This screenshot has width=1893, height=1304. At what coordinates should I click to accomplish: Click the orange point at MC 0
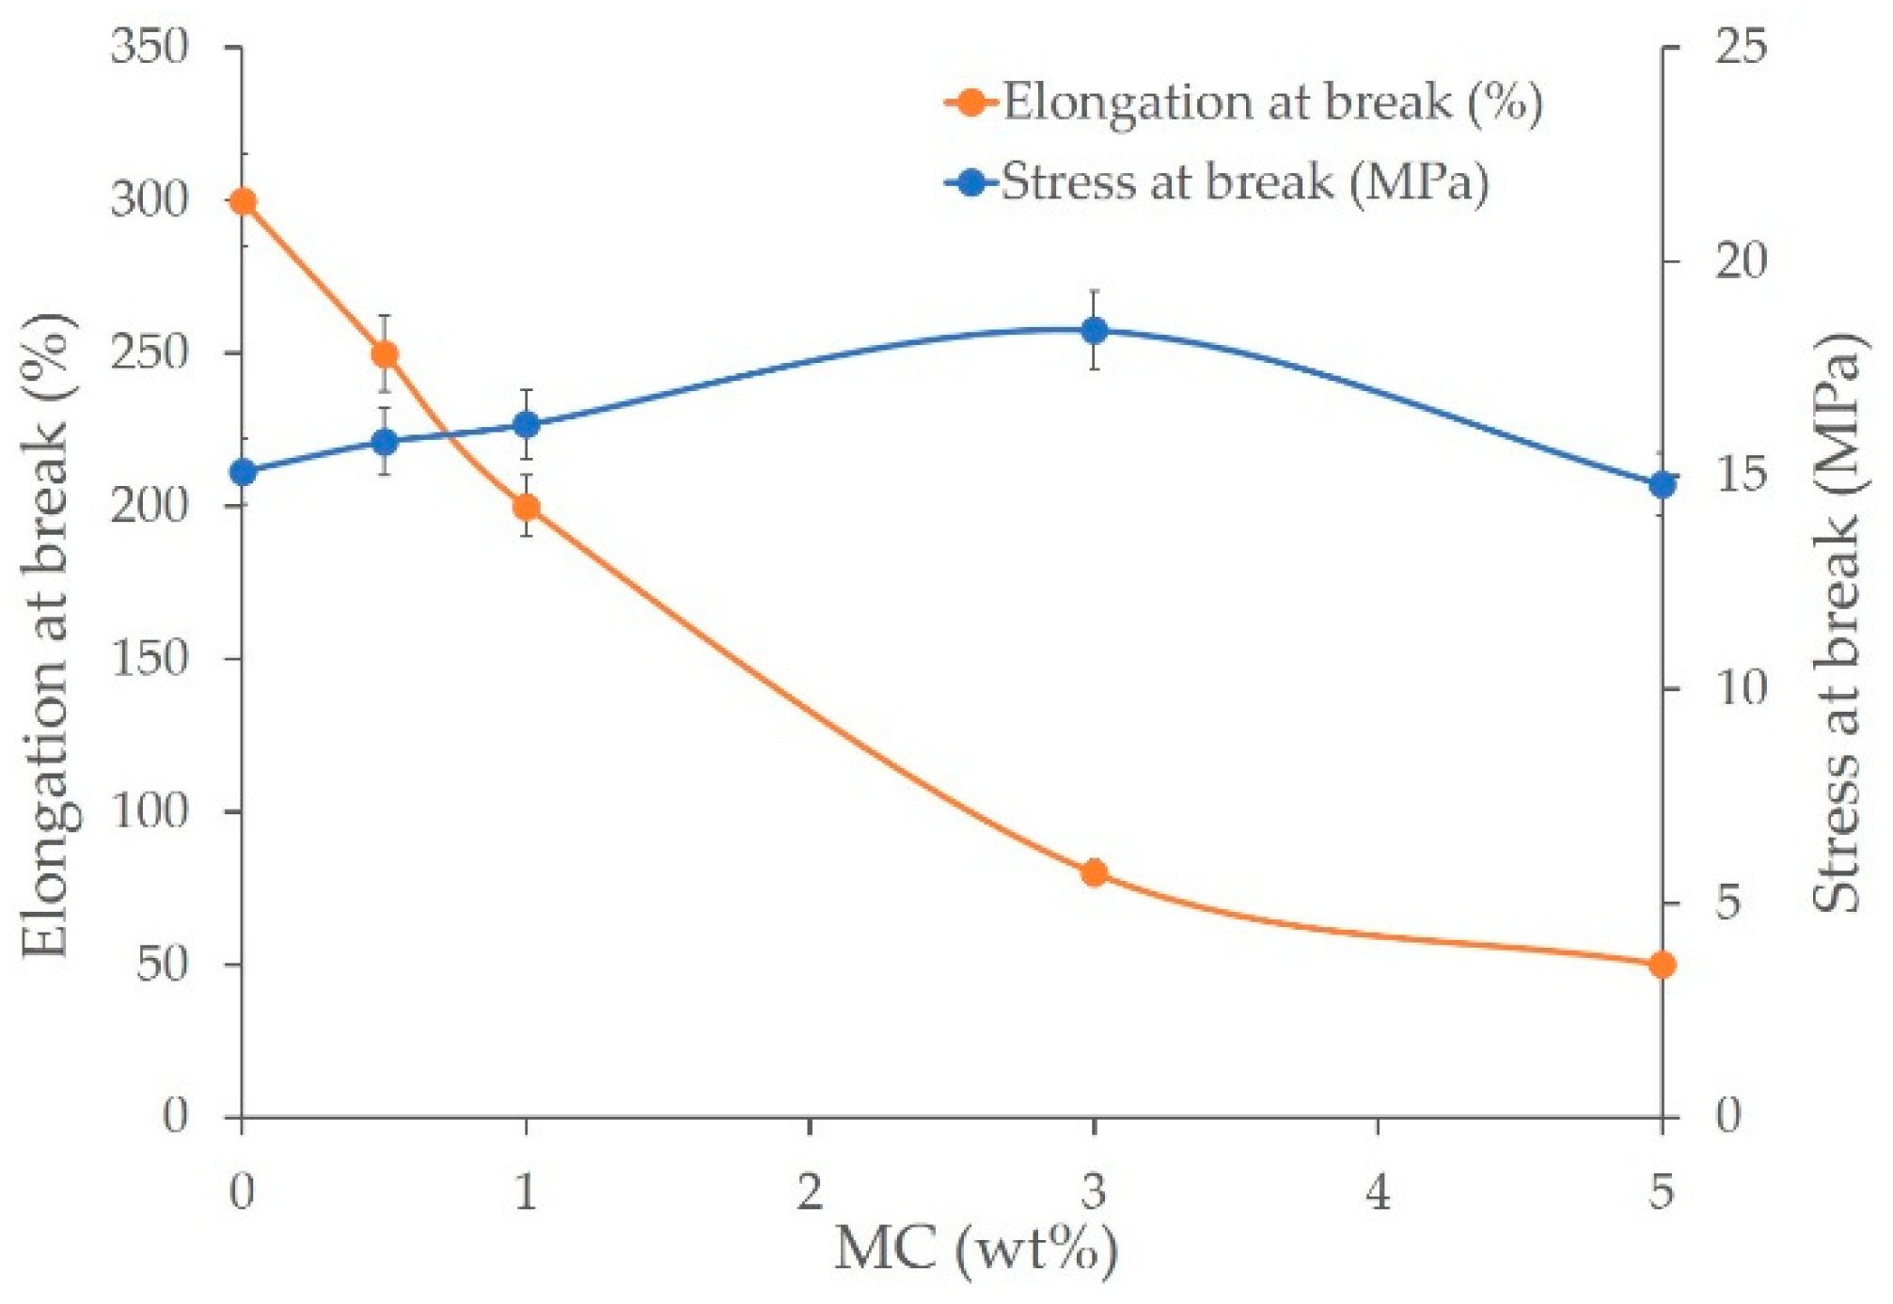pos(243,201)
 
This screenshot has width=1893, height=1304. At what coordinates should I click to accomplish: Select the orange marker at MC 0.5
pos(385,354)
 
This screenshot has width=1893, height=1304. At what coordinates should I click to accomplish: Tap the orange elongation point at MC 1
pos(527,508)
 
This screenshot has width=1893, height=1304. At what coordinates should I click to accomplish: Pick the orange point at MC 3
pos(1094,873)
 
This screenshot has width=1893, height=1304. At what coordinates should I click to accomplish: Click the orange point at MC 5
pos(1663,965)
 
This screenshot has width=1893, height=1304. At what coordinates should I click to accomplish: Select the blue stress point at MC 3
pos(1094,330)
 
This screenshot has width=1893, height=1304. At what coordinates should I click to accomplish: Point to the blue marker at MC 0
pos(243,472)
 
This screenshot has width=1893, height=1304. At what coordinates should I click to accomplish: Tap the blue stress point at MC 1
pos(527,425)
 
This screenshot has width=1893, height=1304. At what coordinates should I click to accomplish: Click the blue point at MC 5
pos(1663,485)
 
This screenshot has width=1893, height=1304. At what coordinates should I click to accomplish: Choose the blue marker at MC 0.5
pos(385,442)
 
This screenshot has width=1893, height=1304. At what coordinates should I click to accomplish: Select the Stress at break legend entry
pos(1218,181)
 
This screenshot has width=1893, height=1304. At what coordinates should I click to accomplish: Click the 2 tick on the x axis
pos(810,1192)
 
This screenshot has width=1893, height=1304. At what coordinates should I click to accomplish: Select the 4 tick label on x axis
pos(1378,1192)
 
